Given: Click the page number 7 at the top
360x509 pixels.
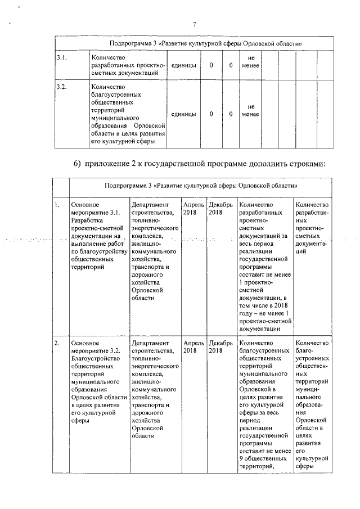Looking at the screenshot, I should (x=194, y=24).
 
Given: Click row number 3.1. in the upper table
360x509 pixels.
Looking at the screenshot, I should (x=61, y=57).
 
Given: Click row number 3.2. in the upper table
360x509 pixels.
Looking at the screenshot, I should (x=61, y=87).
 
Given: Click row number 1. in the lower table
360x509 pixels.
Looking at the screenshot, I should (x=57, y=205).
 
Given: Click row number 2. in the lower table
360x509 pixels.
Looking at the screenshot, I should (x=57, y=343).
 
